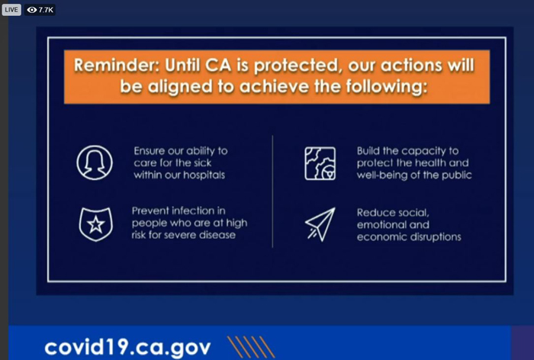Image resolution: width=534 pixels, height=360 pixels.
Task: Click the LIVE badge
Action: click(11, 10)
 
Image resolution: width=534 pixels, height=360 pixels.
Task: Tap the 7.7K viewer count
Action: click(40, 10)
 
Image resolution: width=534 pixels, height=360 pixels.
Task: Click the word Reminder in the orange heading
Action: click(117, 65)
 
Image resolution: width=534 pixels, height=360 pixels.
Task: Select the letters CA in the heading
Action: click(218, 65)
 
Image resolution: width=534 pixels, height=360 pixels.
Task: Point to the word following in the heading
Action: click(387, 86)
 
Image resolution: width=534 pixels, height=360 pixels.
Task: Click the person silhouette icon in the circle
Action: click(95, 162)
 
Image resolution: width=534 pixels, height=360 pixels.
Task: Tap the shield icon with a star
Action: click(95, 224)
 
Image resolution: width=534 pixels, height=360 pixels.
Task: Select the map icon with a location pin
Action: click(320, 163)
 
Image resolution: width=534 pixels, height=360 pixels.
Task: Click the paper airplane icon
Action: click(320, 224)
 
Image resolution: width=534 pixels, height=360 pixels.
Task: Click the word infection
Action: click(187, 211)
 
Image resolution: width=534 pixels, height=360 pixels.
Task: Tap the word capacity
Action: click(417, 152)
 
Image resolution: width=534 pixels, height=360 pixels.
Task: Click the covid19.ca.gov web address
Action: click(127, 347)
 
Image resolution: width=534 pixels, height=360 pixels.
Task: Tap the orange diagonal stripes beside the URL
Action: click(251, 347)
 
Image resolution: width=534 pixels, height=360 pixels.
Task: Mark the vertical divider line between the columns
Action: click(272, 191)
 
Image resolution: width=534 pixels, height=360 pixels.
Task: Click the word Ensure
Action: click(150, 151)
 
